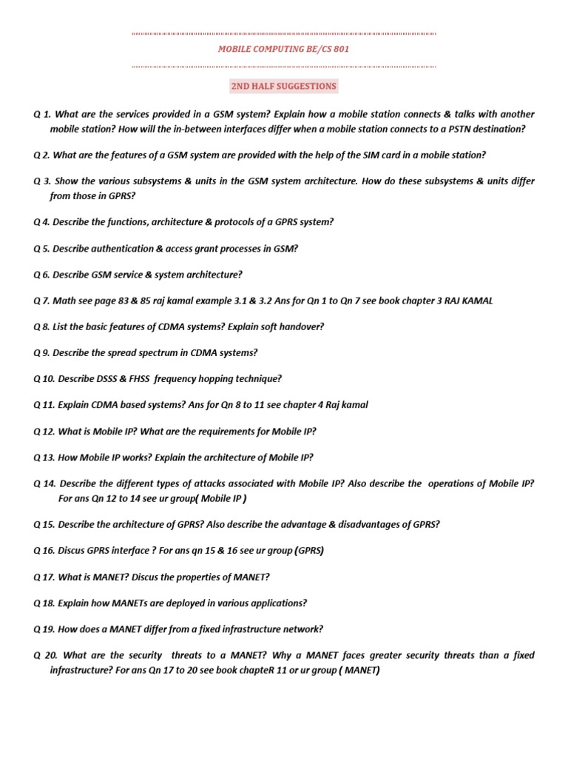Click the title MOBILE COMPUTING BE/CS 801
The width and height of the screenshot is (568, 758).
[x=283, y=50]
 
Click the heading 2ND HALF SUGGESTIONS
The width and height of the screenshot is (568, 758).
[x=283, y=86]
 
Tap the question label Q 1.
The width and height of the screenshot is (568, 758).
[x=42, y=114]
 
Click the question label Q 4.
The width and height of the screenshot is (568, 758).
[x=41, y=222]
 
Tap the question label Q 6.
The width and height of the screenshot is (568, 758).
[x=41, y=275]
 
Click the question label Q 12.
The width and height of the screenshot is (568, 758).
[x=44, y=432]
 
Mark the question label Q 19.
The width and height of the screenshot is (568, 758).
[x=44, y=629]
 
